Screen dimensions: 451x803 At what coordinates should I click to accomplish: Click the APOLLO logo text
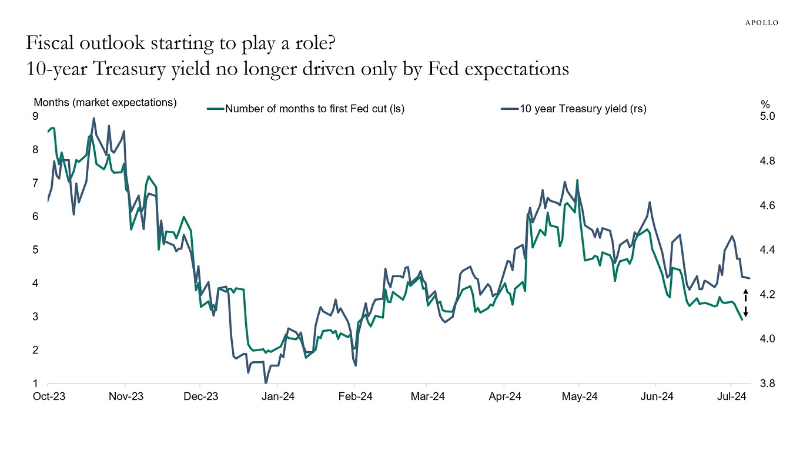pos(762,22)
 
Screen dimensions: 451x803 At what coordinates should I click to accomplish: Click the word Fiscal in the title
pos(50,44)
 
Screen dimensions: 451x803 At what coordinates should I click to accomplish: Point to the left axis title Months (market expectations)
pos(105,102)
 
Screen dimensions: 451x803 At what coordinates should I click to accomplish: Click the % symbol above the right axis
pos(765,104)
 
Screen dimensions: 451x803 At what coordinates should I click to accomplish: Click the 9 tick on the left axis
pos(35,116)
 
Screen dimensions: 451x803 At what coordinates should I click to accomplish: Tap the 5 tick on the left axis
pos(35,250)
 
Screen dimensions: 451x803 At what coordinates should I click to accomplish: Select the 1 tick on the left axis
pos(35,383)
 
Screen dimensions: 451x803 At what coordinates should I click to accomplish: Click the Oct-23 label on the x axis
pos(48,396)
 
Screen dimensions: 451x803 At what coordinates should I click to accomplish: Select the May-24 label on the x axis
pos(580,396)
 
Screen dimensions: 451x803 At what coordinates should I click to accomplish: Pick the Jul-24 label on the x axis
pos(732,396)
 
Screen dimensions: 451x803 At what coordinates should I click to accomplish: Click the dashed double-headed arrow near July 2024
pos(745,303)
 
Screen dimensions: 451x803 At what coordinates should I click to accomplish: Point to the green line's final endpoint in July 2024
pos(742,319)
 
